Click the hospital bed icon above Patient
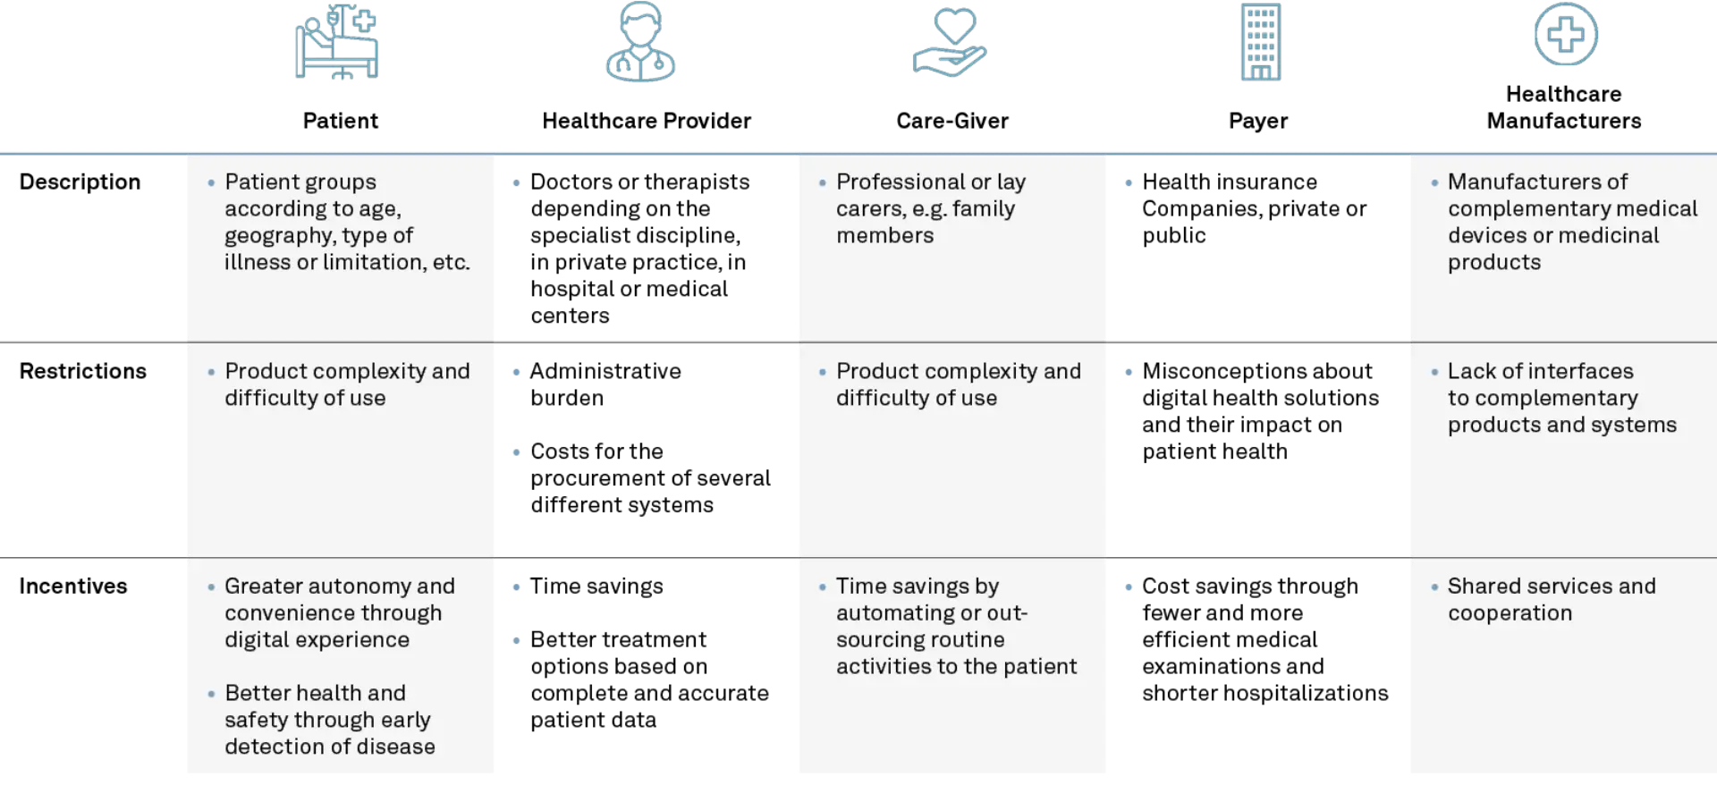pyautogui.click(x=337, y=42)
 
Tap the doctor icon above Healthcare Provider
pyautogui.click(x=640, y=42)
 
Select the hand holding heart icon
pyautogui.click(x=950, y=42)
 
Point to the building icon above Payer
pyautogui.click(x=1261, y=42)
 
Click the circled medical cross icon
pyautogui.click(x=1566, y=34)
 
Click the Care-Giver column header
pyautogui.click(x=952, y=121)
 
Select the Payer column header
pyautogui.click(x=1258, y=121)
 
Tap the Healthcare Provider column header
pyautogui.click(x=647, y=121)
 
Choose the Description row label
pyautogui.click(x=80, y=181)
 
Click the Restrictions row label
pyautogui.click(x=83, y=371)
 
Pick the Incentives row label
pyautogui.click(x=73, y=586)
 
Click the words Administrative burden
pyautogui.click(x=605, y=384)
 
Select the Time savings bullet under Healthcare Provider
pyautogui.click(x=596, y=586)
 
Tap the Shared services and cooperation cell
pyautogui.click(x=1552, y=599)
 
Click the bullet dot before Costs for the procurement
pyautogui.click(x=517, y=452)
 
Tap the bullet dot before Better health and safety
pyautogui.click(x=211, y=694)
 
